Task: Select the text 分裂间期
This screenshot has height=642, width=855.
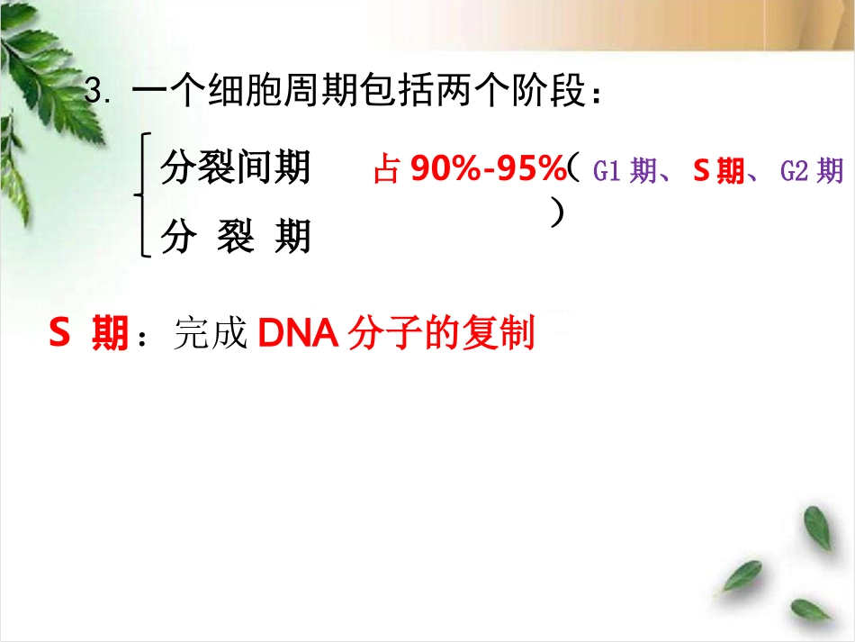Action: point(236,167)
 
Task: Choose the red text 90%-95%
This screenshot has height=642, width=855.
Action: point(487,168)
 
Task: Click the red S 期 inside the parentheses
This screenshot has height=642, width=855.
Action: point(718,170)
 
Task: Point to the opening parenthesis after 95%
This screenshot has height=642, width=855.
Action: point(572,168)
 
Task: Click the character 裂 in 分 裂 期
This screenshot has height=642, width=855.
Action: point(236,237)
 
